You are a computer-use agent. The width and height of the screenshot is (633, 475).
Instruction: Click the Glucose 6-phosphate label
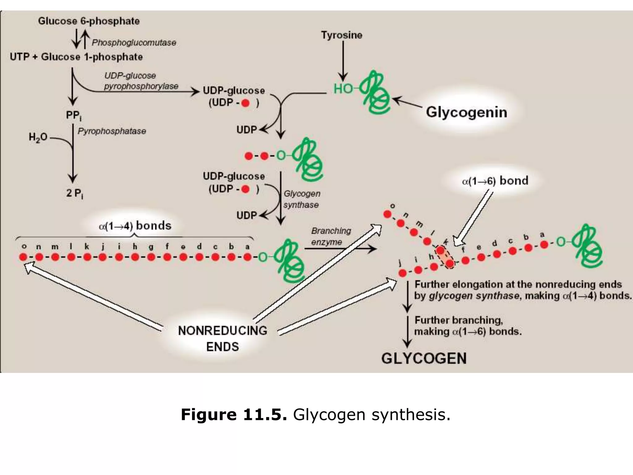[x=89, y=21]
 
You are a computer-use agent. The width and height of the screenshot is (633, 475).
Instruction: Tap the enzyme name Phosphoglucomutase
[x=134, y=43]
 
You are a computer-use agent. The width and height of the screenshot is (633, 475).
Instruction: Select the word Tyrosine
[x=342, y=35]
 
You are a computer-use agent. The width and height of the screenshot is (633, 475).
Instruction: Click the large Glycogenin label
[x=466, y=112]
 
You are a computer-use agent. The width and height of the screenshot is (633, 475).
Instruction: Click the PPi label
[x=74, y=116]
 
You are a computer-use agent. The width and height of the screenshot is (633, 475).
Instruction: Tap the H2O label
[x=38, y=137]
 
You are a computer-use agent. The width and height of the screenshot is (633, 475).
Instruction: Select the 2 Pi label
[x=74, y=193]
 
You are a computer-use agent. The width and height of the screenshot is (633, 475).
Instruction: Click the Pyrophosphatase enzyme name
[x=112, y=131]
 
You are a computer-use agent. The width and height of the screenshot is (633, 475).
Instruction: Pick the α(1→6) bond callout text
[x=495, y=181]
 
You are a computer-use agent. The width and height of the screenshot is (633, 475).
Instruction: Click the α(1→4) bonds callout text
[x=135, y=226]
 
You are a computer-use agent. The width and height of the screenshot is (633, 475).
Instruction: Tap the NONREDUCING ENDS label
[x=223, y=338]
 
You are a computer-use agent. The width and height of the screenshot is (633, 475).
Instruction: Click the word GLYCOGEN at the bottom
[x=424, y=358]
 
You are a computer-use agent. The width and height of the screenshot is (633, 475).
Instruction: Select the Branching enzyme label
[x=331, y=236]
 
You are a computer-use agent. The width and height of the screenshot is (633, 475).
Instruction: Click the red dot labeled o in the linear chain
[x=23, y=257]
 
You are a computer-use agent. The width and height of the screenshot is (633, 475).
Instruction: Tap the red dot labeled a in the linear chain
[x=247, y=257]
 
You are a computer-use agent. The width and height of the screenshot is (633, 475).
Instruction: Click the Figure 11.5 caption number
[x=234, y=414]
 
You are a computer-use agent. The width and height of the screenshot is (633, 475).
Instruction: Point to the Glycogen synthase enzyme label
[x=302, y=199]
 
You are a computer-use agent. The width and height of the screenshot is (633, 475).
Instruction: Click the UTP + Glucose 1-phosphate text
[x=76, y=57]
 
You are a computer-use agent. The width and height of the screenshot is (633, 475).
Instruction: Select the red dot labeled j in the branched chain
[x=402, y=273]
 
